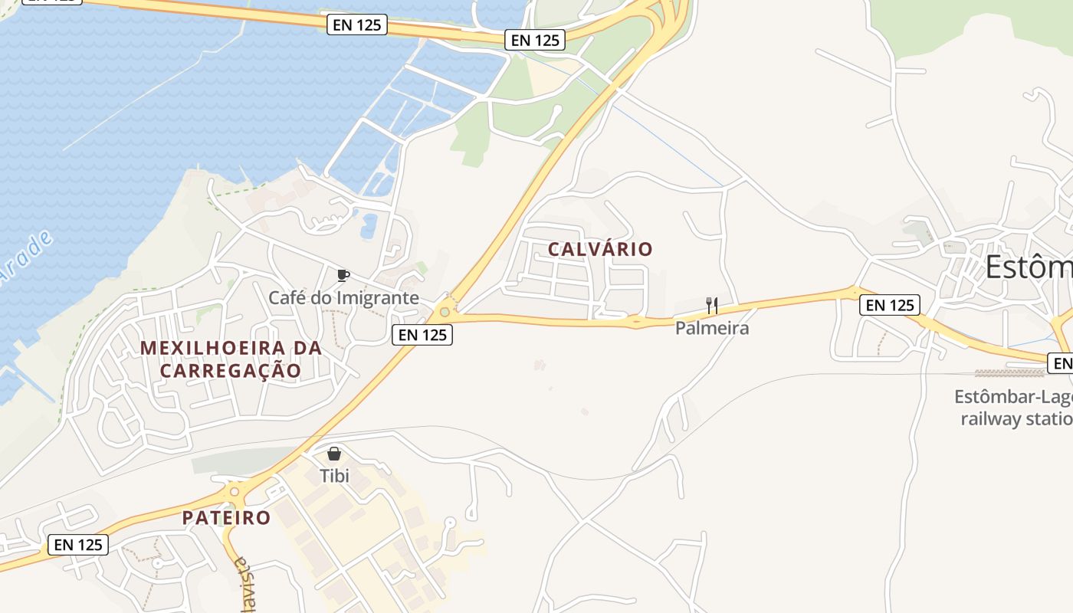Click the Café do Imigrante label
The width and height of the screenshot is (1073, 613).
[x=343, y=297]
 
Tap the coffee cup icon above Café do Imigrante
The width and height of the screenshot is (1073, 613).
[x=343, y=275]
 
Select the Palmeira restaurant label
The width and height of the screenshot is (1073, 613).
[x=712, y=328]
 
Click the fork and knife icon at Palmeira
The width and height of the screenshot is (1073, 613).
[x=712, y=306]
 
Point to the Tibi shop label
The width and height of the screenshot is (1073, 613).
[x=334, y=476]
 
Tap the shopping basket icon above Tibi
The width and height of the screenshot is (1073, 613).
[x=334, y=454]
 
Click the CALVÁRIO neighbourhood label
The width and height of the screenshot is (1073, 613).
[x=600, y=249]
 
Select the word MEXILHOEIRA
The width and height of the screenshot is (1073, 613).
[x=231, y=348]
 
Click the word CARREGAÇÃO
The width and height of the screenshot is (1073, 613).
[x=230, y=371]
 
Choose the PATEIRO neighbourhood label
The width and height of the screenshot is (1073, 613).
[x=227, y=517]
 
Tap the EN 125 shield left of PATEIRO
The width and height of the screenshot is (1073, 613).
[x=78, y=545]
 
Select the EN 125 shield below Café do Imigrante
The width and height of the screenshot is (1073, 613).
[x=422, y=334]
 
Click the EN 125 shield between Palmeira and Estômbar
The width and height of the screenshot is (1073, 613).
[x=889, y=305]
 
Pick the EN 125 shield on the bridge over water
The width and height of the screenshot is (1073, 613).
[x=357, y=25]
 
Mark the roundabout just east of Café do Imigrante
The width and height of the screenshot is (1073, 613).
[x=445, y=312]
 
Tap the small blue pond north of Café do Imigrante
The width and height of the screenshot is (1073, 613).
[x=369, y=224]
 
